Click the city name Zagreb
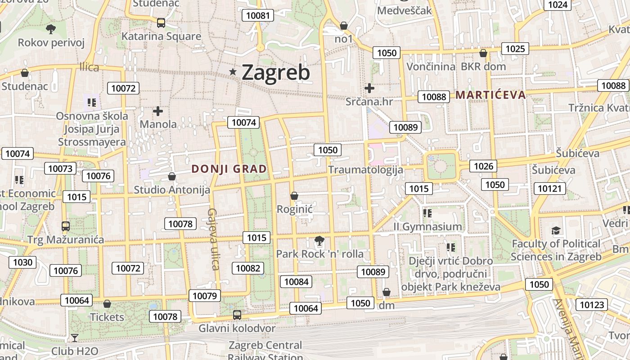[x=276, y=72]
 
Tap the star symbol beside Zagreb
[x=233, y=72]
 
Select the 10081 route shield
[x=258, y=15]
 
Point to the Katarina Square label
[x=161, y=36]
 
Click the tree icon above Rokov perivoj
[x=51, y=29]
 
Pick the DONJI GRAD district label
[x=229, y=169]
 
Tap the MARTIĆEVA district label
[x=490, y=95]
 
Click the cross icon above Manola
[x=158, y=111]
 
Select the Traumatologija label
[x=365, y=170]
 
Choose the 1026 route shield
[x=484, y=166]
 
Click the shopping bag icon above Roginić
[x=294, y=196]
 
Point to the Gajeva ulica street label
[x=213, y=239]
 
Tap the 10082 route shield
[x=248, y=268]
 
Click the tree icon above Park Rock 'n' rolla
[x=319, y=241]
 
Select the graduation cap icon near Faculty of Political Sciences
[x=556, y=231]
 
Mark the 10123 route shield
[x=592, y=305]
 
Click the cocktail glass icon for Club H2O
[x=75, y=337]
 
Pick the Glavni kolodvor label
[x=237, y=328]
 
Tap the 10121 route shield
[x=549, y=188]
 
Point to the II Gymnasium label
[x=427, y=227]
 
